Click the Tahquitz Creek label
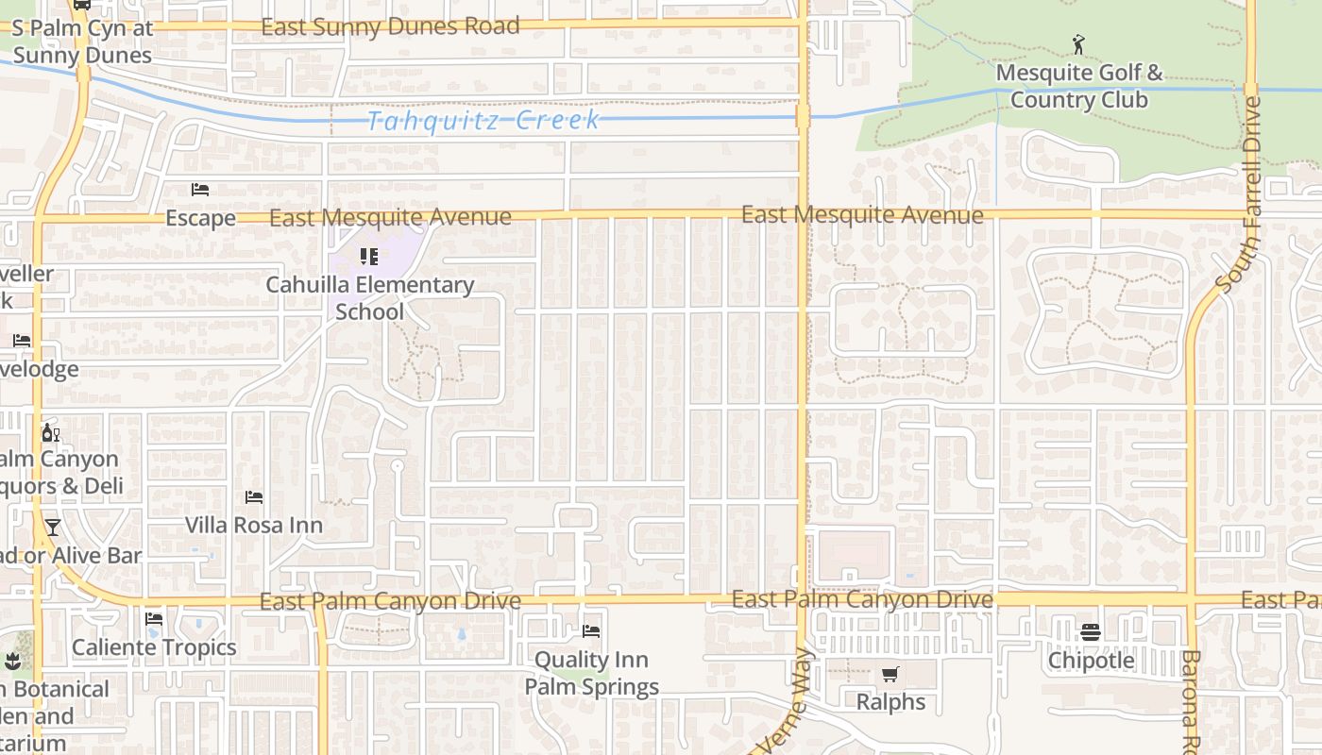[x=483, y=121]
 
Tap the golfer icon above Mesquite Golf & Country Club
[x=1079, y=43]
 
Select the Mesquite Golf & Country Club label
[x=1079, y=86]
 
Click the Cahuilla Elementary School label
[x=369, y=297]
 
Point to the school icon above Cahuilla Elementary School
[x=369, y=256]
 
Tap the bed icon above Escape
[x=200, y=190]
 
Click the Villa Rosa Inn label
[x=253, y=525]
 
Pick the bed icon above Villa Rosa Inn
[x=253, y=497]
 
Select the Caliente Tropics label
[x=154, y=647]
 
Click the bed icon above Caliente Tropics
[x=154, y=620]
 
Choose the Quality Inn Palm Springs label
[x=591, y=673]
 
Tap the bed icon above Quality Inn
[x=591, y=630]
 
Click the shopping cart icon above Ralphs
[x=890, y=675]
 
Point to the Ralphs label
[x=890, y=702]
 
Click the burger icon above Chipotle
[x=1091, y=631]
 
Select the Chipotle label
[x=1091, y=660]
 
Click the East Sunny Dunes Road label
[x=390, y=26]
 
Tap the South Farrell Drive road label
[x=1240, y=193]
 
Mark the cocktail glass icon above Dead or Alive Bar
[x=53, y=528]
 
